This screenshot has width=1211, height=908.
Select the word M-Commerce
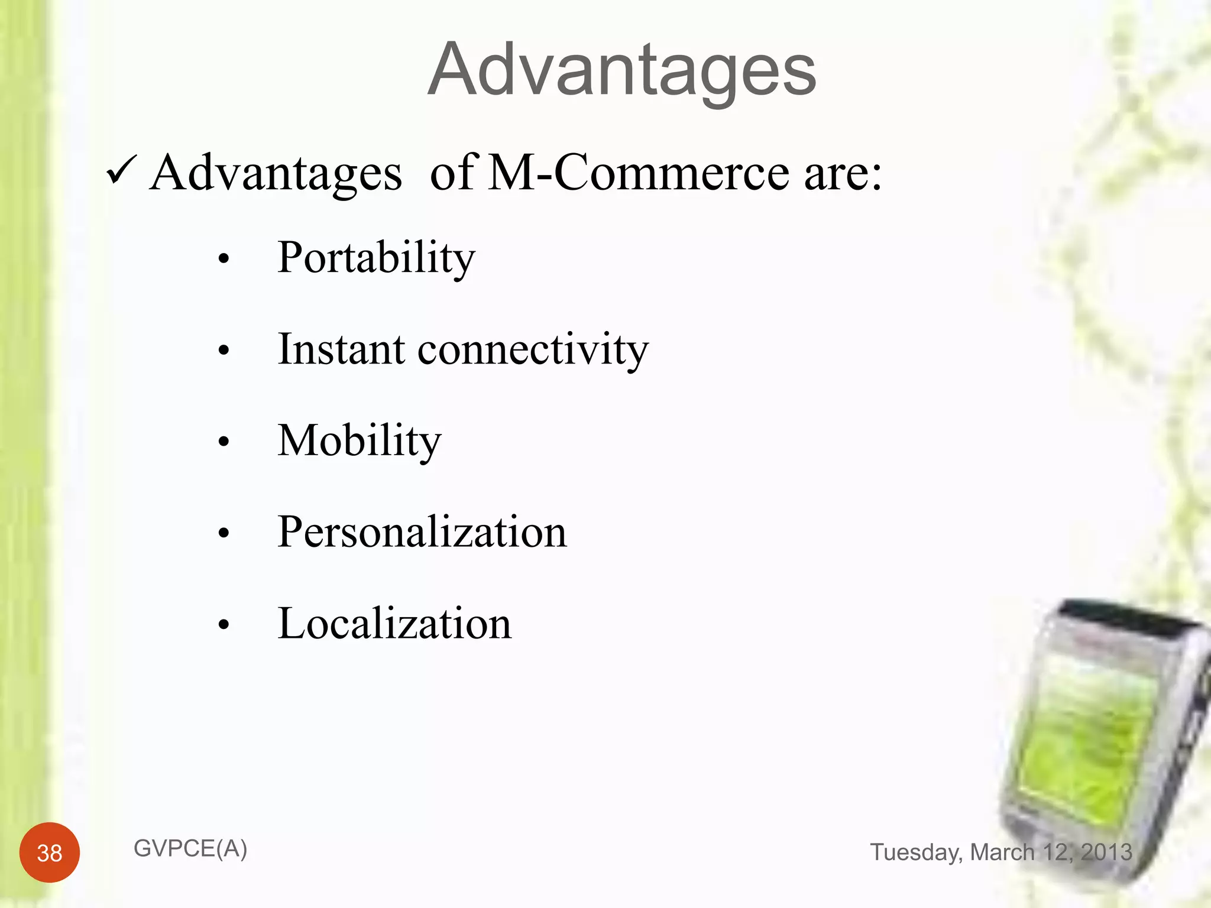coord(639,172)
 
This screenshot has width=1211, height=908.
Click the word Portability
coord(376,258)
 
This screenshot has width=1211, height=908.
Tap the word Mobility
coord(359,441)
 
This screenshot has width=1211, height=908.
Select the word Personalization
coord(422,532)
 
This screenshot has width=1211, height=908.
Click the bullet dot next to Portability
coord(223,259)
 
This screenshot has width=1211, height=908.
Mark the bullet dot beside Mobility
coord(223,442)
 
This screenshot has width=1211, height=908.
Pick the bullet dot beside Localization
coord(223,624)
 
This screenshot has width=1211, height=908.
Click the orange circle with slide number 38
coord(50,852)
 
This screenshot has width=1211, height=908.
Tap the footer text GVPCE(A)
coord(190,849)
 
